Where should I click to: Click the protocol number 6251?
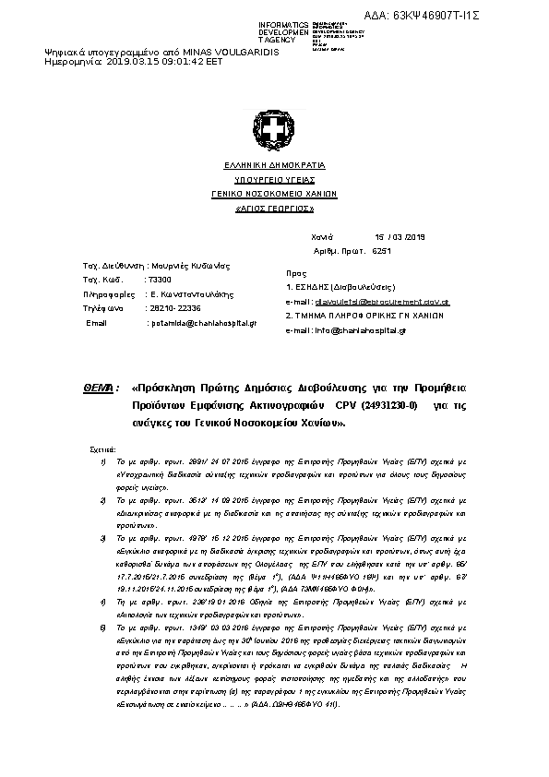[x=382, y=251]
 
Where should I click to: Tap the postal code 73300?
[x=159, y=280]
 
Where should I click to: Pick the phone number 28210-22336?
[x=177, y=308]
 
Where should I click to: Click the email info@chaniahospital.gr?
[x=374, y=329]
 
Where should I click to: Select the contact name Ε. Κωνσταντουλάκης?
[x=190, y=293]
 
